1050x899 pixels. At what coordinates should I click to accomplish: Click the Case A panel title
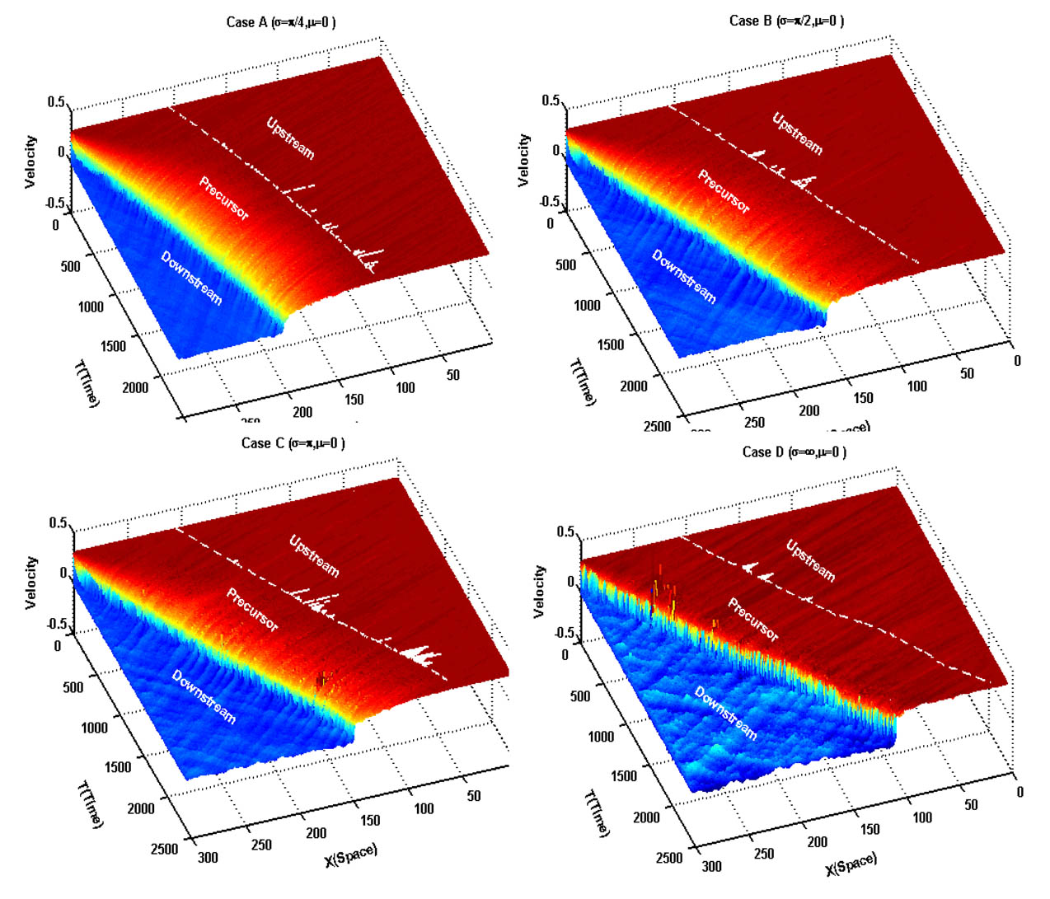[280, 22]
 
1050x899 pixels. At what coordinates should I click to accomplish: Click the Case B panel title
[786, 21]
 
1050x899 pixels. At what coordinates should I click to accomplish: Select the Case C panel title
[293, 443]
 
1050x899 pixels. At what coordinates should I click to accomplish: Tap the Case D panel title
[794, 452]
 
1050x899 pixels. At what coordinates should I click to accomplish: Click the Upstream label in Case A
[290, 138]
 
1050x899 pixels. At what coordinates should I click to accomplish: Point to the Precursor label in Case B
[724, 191]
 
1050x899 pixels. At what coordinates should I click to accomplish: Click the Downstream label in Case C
[204, 696]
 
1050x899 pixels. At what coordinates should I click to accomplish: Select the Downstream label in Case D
[725, 713]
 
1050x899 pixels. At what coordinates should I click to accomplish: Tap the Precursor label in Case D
[752, 620]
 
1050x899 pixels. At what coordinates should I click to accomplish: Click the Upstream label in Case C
[314, 555]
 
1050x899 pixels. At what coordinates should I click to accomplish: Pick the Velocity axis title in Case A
[30, 162]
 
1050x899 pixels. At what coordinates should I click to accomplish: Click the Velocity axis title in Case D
[539, 591]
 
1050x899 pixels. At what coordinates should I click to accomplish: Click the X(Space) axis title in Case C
[350, 855]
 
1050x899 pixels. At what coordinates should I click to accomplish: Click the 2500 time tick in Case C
[164, 850]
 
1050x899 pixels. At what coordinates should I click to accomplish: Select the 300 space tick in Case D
[711, 866]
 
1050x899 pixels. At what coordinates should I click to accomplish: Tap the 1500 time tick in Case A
[113, 346]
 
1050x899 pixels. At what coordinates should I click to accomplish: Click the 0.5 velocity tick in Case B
[551, 101]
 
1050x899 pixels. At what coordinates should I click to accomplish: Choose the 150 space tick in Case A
[354, 400]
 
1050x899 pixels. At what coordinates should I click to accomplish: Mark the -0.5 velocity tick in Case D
[563, 633]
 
